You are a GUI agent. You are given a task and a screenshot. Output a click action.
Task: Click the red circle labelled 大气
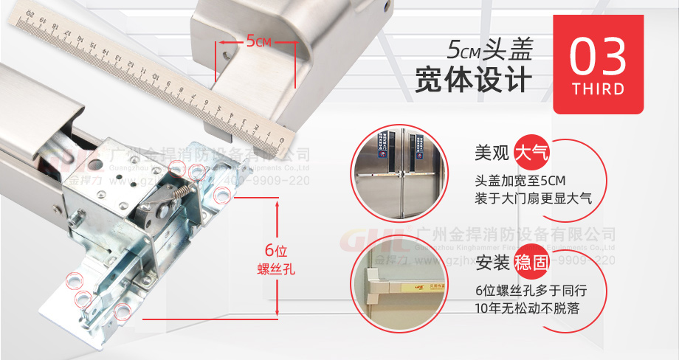[533, 155]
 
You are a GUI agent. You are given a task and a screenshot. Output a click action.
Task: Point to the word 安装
[492, 263]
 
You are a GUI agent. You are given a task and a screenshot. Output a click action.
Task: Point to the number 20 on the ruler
[30, 14]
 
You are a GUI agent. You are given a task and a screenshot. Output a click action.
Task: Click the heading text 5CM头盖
[489, 49]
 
